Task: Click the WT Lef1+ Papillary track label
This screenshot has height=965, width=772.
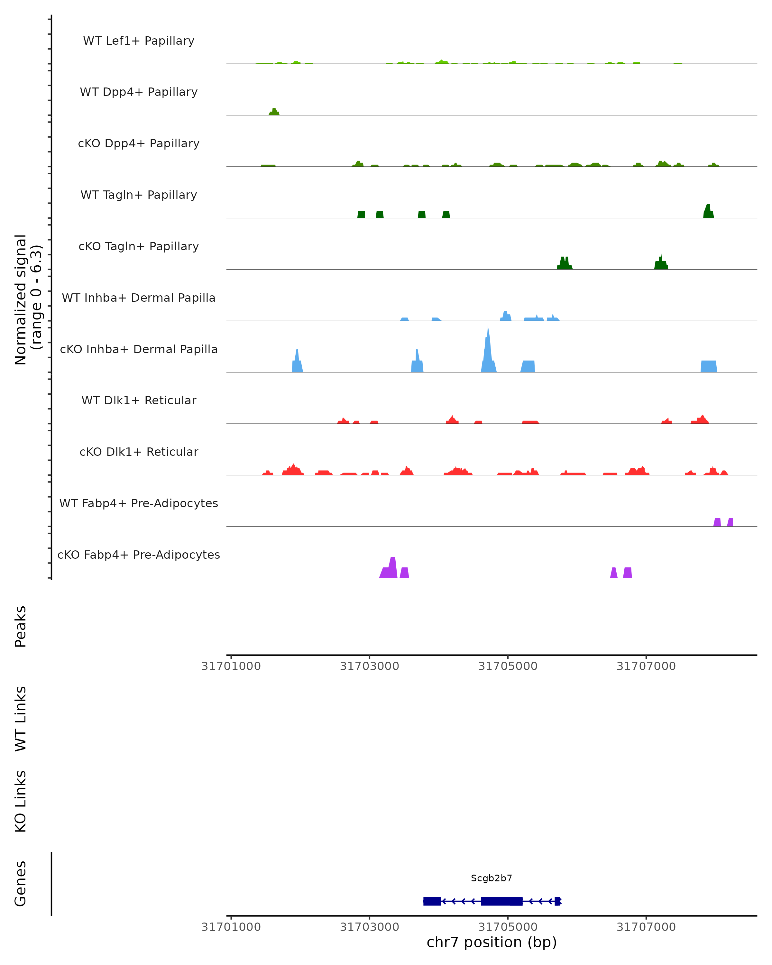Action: coord(139,41)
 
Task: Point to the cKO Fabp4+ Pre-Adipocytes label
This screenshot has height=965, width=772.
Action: coord(139,555)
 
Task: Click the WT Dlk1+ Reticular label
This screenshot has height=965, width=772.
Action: coord(139,400)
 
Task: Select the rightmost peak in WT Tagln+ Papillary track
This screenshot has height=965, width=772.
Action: coord(708,212)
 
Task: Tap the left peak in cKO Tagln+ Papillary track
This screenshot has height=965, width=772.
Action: coord(564,263)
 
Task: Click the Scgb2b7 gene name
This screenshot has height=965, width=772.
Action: coord(492,878)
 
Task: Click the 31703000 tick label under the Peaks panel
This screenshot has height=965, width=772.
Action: coord(369,666)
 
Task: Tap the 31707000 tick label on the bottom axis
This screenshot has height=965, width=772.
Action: coord(646,927)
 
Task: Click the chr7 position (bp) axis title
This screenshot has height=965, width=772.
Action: coord(492,942)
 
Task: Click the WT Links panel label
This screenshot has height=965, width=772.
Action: coord(21,718)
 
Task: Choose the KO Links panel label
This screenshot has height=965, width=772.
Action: coord(21,802)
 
